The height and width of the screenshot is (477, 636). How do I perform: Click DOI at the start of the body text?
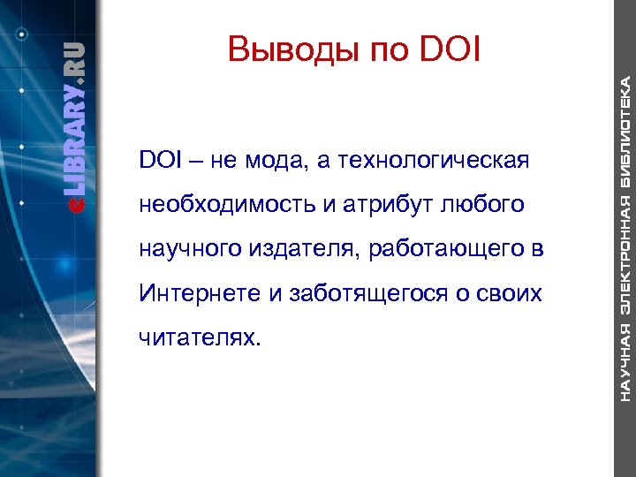coord(158,162)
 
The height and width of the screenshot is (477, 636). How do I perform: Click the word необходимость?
coord(225,205)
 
